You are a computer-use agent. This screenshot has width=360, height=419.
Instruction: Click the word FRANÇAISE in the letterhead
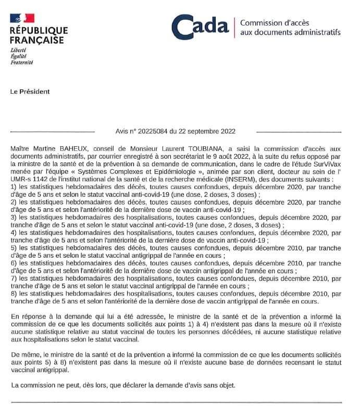[37, 40]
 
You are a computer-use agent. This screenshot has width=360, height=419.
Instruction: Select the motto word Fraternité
[22, 62]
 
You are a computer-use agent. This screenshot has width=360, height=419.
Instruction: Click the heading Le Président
[30, 92]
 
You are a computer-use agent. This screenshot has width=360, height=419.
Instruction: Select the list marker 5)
[14, 248]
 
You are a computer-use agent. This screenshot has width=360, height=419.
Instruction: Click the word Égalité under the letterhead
[19, 57]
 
